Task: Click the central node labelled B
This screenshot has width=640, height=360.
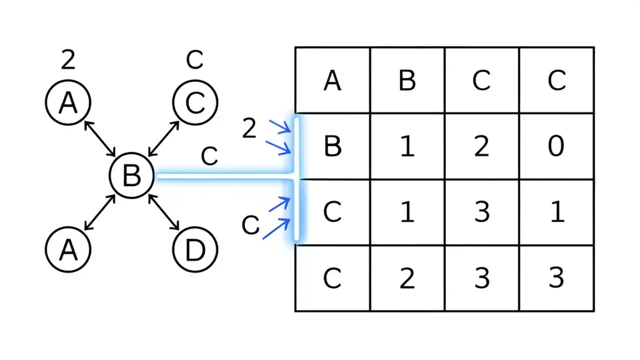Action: click(x=131, y=175)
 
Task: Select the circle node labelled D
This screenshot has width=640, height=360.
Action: click(x=195, y=250)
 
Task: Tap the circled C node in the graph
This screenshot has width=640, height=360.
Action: click(x=195, y=102)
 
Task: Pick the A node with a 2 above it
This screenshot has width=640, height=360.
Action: click(x=68, y=102)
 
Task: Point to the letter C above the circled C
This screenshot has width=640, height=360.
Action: click(x=194, y=60)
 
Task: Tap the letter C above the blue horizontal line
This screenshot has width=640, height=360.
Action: click(x=209, y=156)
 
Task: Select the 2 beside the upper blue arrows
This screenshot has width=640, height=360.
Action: click(x=249, y=129)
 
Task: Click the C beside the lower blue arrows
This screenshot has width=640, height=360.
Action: click(x=250, y=225)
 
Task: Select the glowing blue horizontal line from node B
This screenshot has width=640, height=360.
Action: click(x=225, y=176)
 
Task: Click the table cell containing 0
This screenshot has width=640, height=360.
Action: click(x=556, y=146)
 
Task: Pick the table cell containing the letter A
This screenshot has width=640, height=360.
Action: click(x=332, y=80)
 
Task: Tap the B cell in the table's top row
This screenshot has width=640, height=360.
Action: click(x=407, y=80)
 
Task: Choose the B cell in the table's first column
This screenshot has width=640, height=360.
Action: click(x=332, y=146)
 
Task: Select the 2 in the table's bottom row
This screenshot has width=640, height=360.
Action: click(x=407, y=278)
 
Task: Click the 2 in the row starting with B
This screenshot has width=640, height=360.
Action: click(x=481, y=146)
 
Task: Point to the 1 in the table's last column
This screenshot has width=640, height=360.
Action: click(x=556, y=212)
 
